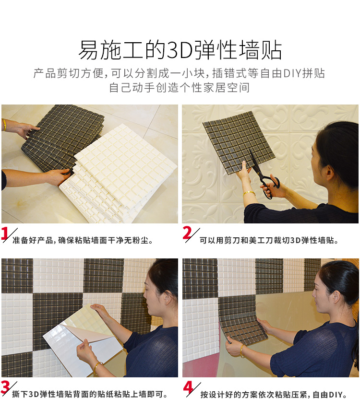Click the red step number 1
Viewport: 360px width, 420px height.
coord(5,233)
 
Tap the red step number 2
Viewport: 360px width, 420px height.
coord(187,233)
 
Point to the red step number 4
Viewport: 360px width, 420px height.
coord(189,387)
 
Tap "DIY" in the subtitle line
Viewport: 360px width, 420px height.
coord(292,73)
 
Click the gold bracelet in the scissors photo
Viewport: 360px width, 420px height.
coord(249,193)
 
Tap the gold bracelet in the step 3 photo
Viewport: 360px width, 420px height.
coord(97,368)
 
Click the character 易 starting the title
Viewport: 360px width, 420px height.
coord(88,50)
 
